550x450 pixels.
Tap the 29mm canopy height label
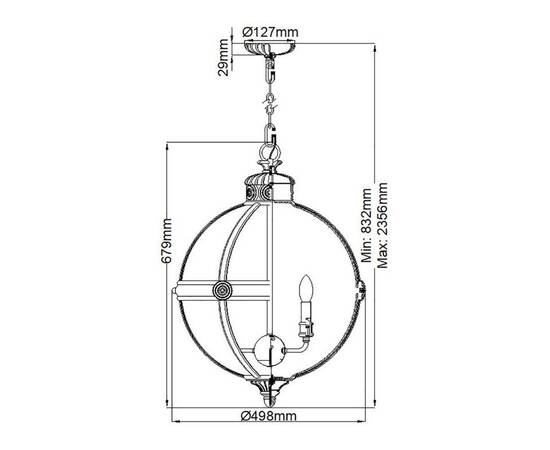point(225,56)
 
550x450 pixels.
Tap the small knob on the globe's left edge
point(175,291)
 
